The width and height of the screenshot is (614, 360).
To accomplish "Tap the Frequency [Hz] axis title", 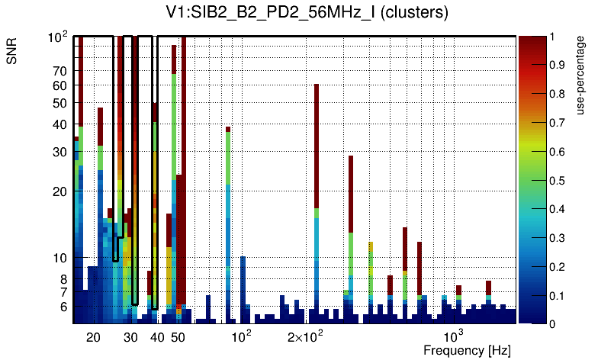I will pyautogui.click(x=467, y=350).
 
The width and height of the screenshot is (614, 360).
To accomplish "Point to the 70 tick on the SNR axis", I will pyautogui.click(x=59, y=72).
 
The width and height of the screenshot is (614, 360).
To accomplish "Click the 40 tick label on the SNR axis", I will pyautogui.click(x=59, y=125).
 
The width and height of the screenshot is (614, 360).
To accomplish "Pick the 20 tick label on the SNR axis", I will pyautogui.click(x=59, y=191).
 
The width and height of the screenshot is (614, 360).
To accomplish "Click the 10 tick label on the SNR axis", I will pyautogui.click(x=59, y=258).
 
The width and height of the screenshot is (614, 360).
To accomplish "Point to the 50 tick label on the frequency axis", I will pyautogui.click(x=177, y=336).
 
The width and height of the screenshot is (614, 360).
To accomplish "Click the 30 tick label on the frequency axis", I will pyautogui.click(x=130, y=336).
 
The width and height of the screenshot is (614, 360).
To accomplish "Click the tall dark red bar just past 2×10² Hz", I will pyautogui.click(x=317, y=145).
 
